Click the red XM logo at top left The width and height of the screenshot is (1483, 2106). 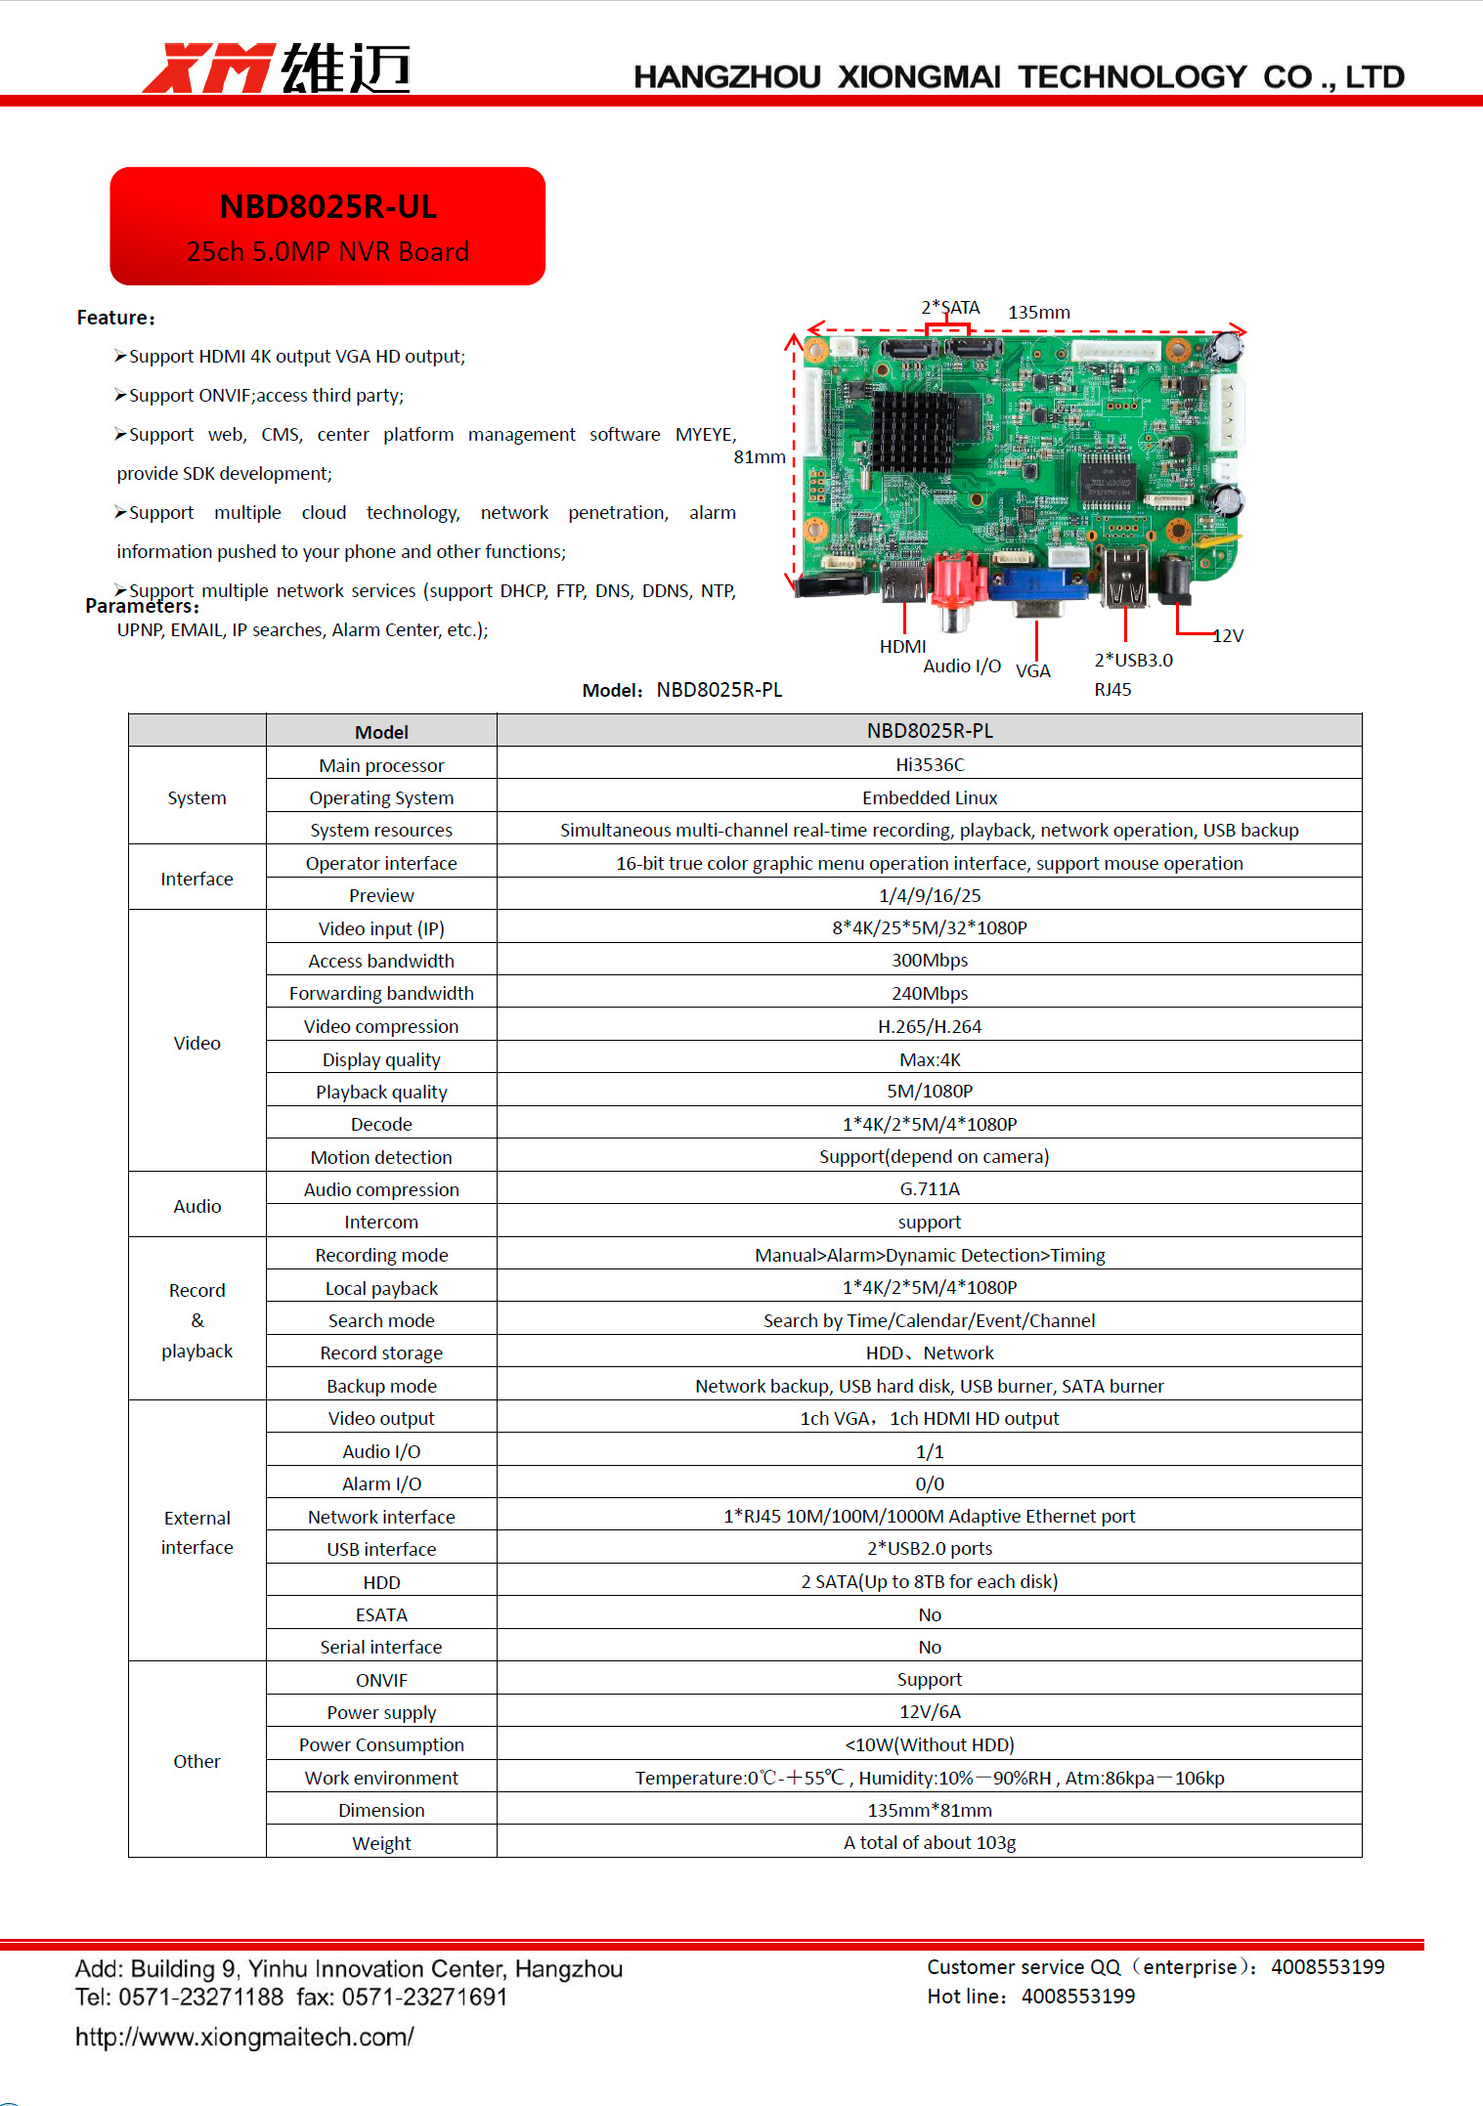[x=207, y=68]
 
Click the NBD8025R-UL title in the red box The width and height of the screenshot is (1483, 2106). [x=327, y=207]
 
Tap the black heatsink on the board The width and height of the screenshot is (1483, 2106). [x=911, y=431]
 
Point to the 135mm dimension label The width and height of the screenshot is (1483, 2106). [x=1038, y=313]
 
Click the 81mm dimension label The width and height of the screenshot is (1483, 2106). [x=759, y=457]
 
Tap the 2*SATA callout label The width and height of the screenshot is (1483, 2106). [x=949, y=308]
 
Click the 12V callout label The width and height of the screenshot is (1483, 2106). [x=1228, y=636]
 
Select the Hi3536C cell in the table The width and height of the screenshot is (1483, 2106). [x=929, y=764]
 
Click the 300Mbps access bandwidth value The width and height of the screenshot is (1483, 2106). [x=929, y=960]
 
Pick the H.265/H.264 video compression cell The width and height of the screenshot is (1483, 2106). [x=929, y=1026]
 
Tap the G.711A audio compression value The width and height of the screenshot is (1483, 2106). [x=929, y=1189]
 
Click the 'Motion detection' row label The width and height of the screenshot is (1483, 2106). [x=381, y=1157]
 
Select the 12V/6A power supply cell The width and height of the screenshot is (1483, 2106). [x=929, y=1712]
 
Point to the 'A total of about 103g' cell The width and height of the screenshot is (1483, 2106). [x=929, y=1843]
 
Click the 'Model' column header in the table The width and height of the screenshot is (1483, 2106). [x=381, y=732]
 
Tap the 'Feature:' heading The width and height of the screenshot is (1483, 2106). [x=115, y=318]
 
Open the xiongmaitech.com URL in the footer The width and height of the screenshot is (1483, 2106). [x=244, y=2038]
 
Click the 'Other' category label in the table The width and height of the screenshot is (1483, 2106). [x=196, y=1761]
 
